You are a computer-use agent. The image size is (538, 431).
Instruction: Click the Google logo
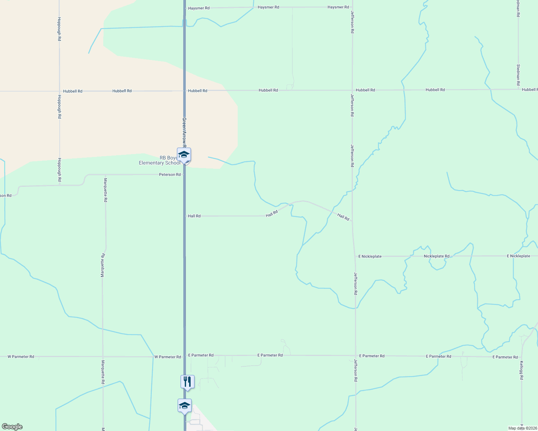(12, 427)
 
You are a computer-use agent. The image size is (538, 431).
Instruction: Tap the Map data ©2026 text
(523, 428)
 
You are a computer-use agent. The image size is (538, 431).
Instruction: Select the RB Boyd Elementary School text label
(160, 161)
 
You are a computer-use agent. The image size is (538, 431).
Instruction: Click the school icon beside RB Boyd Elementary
(184, 155)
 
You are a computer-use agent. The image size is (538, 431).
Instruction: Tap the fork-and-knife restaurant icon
(187, 381)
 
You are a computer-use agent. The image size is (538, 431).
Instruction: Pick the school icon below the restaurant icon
(184, 405)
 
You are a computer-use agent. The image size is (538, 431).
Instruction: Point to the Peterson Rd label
(170, 175)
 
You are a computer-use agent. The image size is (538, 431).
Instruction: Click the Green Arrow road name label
(184, 132)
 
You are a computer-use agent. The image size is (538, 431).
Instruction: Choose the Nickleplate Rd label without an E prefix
(436, 256)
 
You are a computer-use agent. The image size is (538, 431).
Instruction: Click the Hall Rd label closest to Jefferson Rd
(343, 217)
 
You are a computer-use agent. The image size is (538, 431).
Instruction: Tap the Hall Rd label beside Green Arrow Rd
(194, 216)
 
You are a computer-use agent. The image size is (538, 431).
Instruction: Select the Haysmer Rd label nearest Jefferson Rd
(338, 7)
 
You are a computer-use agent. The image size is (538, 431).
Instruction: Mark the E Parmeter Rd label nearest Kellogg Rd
(505, 357)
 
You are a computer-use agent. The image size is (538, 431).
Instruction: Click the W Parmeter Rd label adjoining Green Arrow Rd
(168, 357)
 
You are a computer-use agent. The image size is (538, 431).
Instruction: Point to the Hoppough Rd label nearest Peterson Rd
(60, 170)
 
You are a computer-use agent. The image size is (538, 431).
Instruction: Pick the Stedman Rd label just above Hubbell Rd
(518, 75)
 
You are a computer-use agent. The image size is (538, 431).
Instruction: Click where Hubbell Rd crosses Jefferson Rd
(352, 90)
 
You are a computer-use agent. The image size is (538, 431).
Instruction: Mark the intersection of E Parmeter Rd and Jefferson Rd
(356, 356)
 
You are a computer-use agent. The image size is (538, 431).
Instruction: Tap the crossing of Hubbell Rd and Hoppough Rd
(59, 91)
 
